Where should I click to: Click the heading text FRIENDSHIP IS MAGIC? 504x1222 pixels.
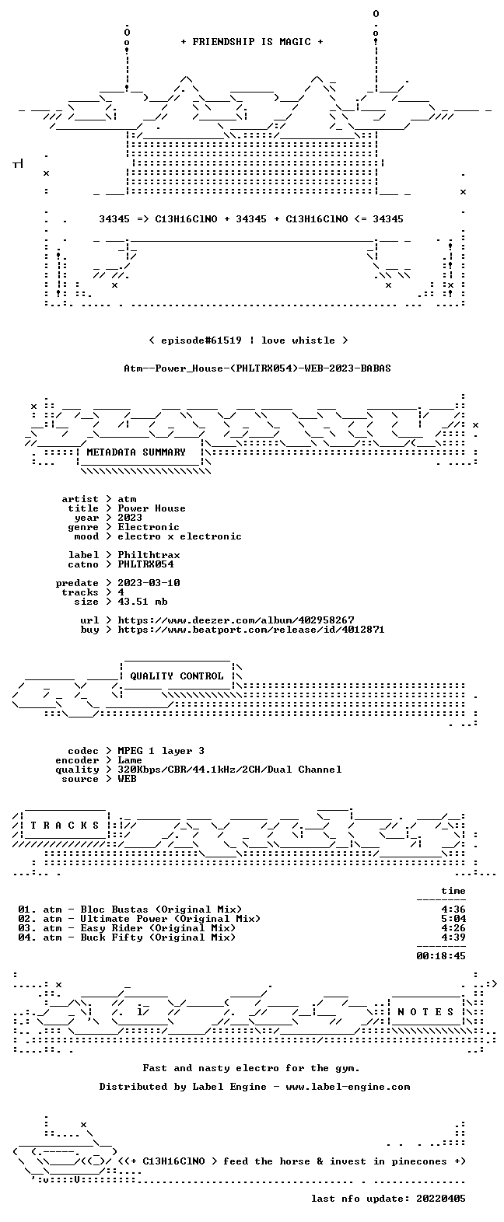pos(252,42)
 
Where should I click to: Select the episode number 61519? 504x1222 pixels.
pos(223,340)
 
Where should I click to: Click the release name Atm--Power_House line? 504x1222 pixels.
pos(257,368)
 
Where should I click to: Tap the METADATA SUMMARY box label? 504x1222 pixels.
pos(136,452)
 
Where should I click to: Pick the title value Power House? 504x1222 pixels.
pos(152,508)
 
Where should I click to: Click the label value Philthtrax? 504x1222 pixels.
pos(149,555)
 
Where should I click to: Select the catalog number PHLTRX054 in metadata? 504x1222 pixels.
pos(145,564)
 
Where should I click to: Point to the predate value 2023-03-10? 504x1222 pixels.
pos(149,583)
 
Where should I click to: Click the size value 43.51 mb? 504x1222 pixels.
pos(142,602)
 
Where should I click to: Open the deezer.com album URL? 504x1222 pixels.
pos(236,620)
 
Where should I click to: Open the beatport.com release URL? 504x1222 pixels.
pos(251,630)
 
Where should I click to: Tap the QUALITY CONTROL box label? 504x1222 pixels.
pos(177,676)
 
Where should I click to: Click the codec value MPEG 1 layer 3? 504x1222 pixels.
pos(161,751)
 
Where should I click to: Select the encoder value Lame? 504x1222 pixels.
pos(130,760)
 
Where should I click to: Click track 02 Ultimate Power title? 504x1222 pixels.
pos(170,919)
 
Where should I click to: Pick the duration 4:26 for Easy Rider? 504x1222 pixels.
pos(453,928)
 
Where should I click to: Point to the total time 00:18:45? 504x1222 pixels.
pos(441,956)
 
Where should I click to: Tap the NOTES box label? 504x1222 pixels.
pos(425,1012)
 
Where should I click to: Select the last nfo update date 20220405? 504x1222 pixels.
pos(441,1199)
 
